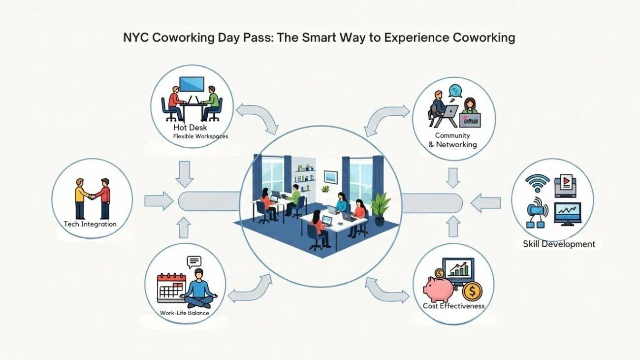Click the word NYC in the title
(x=135, y=38)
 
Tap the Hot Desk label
(x=190, y=128)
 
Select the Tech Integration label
(x=90, y=224)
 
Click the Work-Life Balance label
(x=184, y=313)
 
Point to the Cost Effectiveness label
(x=453, y=306)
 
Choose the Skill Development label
(x=559, y=244)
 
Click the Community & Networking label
(x=452, y=140)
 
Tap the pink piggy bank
(x=442, y=289)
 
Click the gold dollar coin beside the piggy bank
(x=472, y=292)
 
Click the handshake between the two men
(x=92, y=197)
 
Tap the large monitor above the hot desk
(x=192, y=84)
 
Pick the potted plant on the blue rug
(x=380, y=208)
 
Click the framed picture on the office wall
(x=331, y=177)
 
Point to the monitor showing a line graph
(x=567, y=213)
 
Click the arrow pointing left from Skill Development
(x=485, y=202)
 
